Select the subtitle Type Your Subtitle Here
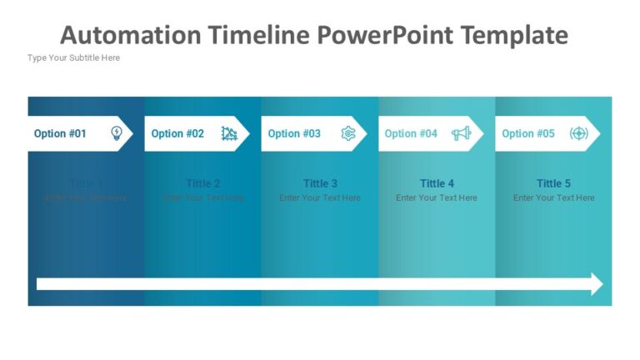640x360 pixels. [x=73, y=57]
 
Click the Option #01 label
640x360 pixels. [x=60, y=133]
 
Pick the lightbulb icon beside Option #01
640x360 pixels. [x=117, y=133]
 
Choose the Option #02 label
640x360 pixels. [x=177, y=133]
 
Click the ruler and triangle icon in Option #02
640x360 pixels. [x=229, y=133]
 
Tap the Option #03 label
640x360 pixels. [x=294, y=133]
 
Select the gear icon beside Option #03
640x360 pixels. [x=348, y=133]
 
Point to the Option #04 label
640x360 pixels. [x=411, y=133]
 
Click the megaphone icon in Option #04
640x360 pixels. [x=461, y=133]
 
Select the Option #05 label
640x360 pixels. [x=528, y=133]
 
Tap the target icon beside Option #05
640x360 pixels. [x=578, y=133]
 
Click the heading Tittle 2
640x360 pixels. [x=203, y=183]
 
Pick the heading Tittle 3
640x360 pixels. [x=320, y=183]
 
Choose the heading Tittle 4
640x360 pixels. [x=437, y=183]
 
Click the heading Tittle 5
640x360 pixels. [x=554, y=183]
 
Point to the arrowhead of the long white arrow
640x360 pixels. [x=597, y=283]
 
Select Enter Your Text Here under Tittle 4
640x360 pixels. [x=437, y=198]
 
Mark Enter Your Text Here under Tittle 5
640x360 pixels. [x=554, y=198]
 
